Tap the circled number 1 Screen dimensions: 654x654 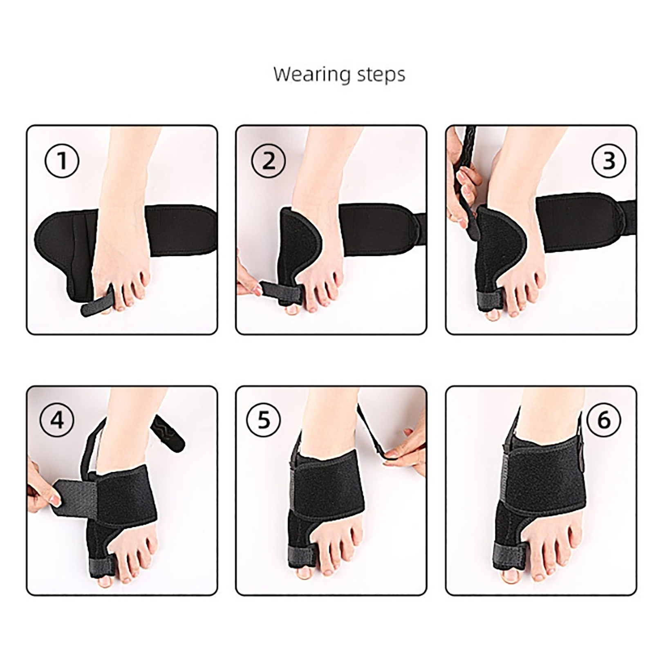(62, 161)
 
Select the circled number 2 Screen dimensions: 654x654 (269, 161)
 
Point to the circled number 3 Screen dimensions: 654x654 (609, 161)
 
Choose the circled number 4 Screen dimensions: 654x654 (57, 420)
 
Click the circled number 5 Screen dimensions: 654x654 (264, 420)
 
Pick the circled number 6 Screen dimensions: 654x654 (604, 420)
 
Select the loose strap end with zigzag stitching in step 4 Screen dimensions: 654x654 (168, 431)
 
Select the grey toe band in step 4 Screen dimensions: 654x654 (102, 564)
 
